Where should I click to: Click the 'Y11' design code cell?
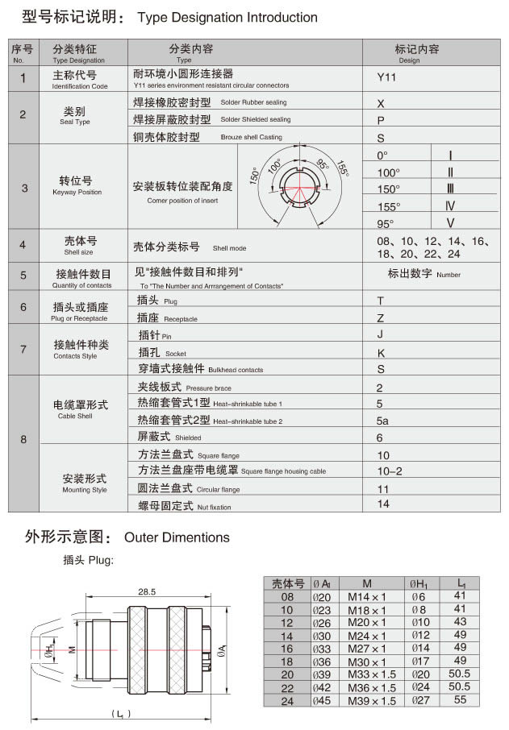(x=387, y=78)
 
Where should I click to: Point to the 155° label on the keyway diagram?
(x=343, y=170)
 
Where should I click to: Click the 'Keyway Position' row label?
(x=77, y=193)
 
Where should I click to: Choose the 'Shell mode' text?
(x=229, y=248)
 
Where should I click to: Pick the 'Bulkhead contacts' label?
(x=236, y=370)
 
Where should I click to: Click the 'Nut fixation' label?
(x=214, y=507)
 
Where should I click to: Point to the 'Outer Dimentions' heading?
(x=177, y=537)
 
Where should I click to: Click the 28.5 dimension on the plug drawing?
(x=146, y=591)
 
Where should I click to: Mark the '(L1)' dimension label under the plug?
(x=121, y=714)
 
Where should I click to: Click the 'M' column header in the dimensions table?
(x=367, y=583)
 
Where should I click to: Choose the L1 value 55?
(x=461, y=700)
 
